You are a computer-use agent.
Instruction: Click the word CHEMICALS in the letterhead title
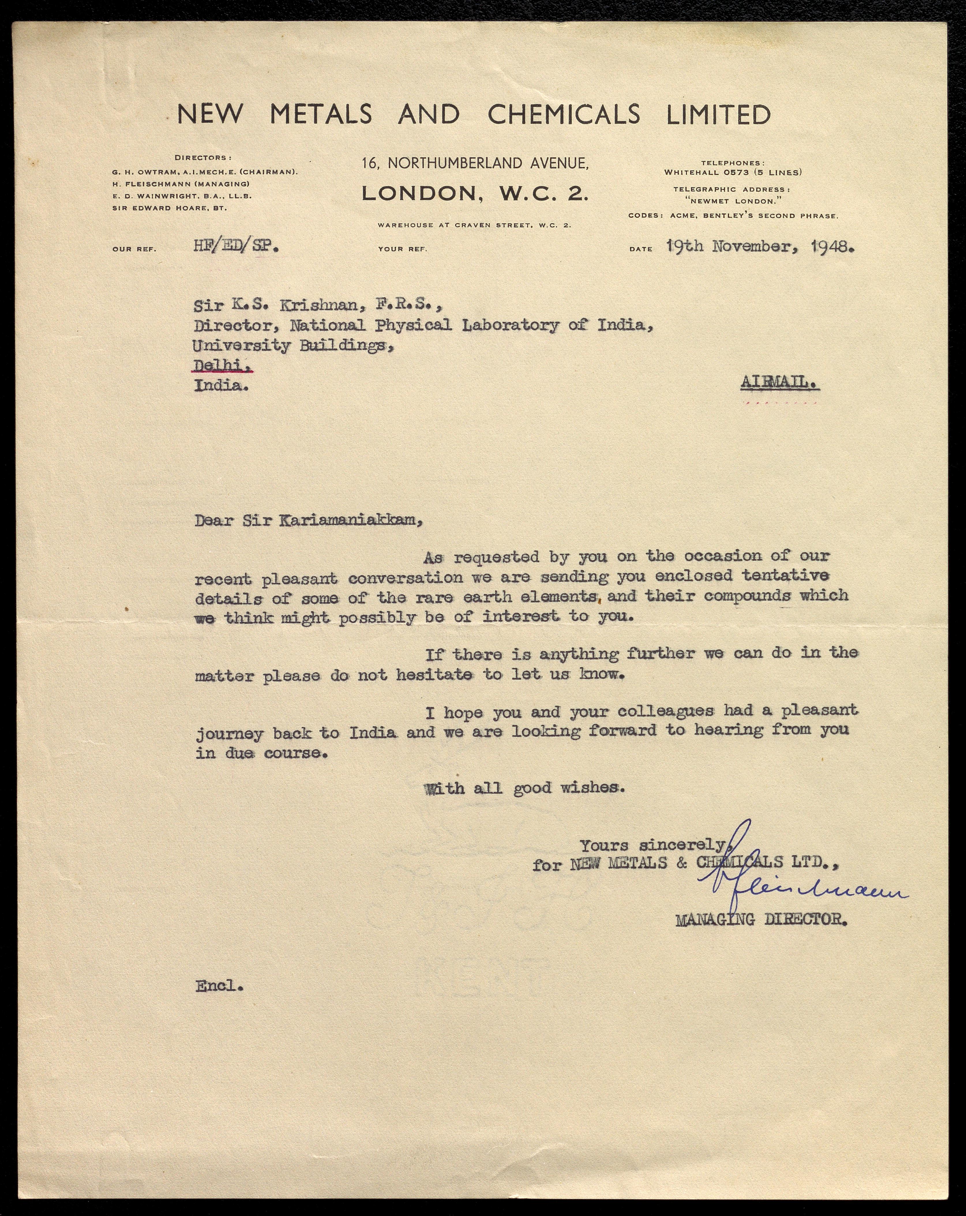564,114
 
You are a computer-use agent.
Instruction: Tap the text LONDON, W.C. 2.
475,193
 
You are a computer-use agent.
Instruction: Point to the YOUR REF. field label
402,249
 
